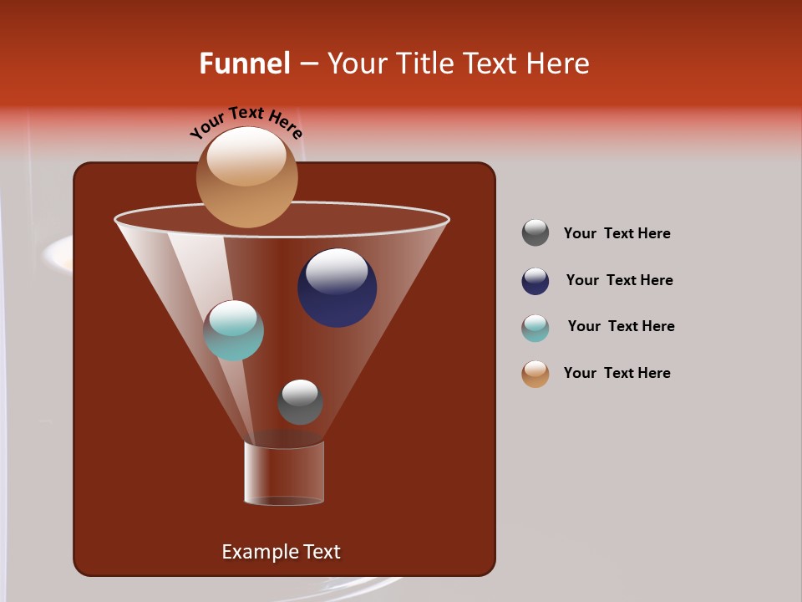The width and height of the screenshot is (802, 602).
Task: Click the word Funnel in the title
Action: pos(245,64)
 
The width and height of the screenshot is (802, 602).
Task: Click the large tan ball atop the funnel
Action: pos(246,177)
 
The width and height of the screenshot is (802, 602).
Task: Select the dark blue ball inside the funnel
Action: pos(337,288)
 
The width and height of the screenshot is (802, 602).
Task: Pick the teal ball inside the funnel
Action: pos(234,331)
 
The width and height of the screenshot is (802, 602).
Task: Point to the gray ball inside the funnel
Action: pos(300,402)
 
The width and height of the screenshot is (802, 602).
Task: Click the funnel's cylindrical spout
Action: pos(284,473)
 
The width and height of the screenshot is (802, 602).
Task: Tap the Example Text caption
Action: pos(281,552)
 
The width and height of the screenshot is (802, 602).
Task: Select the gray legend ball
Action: pos(536,232)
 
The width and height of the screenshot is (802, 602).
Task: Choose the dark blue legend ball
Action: pos(536,281)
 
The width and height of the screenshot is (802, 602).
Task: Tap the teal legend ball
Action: pos(536,328)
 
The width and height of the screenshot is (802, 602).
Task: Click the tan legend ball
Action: pos(536,374)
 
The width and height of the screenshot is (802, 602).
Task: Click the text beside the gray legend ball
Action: pos(617,233)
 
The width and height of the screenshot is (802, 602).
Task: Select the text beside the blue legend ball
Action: pos(619,280)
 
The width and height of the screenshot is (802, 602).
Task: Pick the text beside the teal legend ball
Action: pos(621,326)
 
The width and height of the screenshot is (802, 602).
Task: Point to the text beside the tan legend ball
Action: pos(617,373)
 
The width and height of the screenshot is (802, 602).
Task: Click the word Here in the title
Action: pos(559,64)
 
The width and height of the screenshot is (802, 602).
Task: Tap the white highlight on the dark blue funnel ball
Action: pos(337,271)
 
